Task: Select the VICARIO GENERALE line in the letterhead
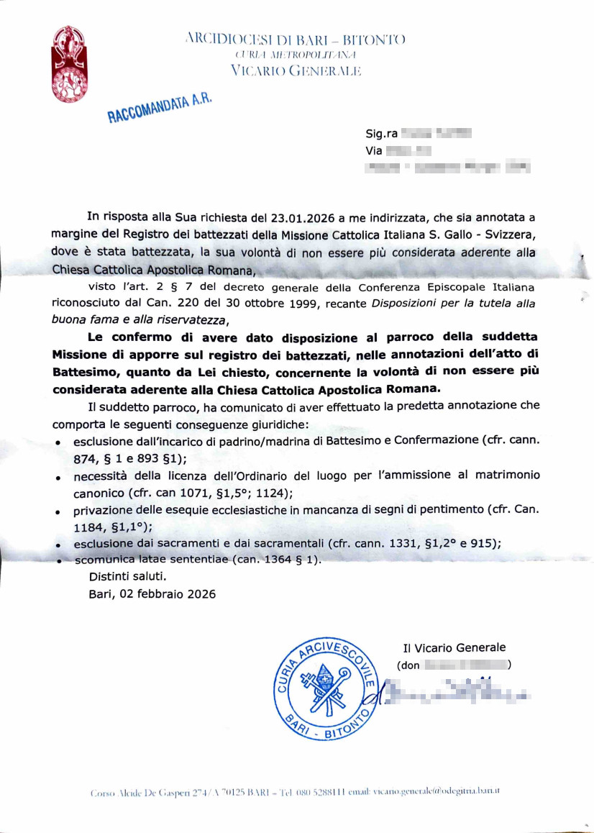[295, 70]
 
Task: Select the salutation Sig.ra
[381, 134]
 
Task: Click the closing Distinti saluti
[127, 576]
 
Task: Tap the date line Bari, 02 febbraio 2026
[152, 594]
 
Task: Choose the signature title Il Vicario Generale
[454, 647]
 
